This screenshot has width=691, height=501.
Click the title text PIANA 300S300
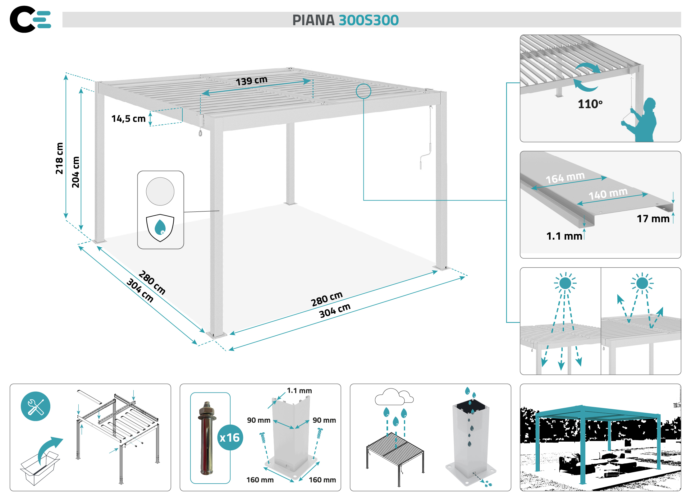pos(345,20)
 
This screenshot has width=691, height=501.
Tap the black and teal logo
pos(30,19)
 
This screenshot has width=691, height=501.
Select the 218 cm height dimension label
pos(59,158)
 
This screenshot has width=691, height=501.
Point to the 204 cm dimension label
pos(76,172)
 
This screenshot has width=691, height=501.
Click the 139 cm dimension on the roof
pos(251,80)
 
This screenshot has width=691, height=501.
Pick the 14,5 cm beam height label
pos(128,119)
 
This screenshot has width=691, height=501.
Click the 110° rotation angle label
pos(590,104)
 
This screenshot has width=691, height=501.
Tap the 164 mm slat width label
pos(565,177)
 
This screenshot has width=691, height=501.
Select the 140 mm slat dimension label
pos(608,194)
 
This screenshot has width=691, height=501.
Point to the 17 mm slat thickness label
pos(653,219)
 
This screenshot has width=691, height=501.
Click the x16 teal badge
pos(230,438)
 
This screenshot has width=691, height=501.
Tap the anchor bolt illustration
pos(207,438)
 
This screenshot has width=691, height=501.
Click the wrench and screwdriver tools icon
pos(35,406)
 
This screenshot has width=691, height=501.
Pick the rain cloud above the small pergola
pos(394,397)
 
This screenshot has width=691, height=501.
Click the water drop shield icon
pos(160,228)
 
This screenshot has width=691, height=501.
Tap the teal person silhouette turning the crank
pos(643,121)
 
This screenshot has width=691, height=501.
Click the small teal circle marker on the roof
pos(363,91)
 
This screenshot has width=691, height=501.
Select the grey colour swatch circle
pos(160,191)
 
